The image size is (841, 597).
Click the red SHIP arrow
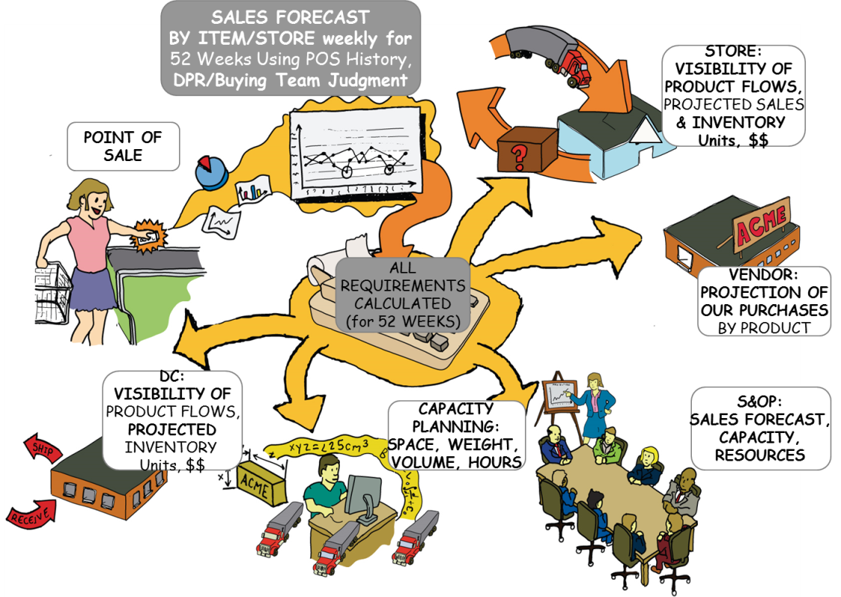[42, 446]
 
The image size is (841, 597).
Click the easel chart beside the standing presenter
[559, 395]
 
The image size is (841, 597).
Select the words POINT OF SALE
[123, 146]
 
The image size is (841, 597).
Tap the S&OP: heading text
[760, 401]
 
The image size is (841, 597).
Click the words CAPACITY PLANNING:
[456, 418]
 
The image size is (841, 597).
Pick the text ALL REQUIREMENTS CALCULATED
[403, 285]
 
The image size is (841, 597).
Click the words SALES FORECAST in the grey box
[290, 17]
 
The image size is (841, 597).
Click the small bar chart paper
[253, 190]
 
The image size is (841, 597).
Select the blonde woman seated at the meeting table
[647, 464]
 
